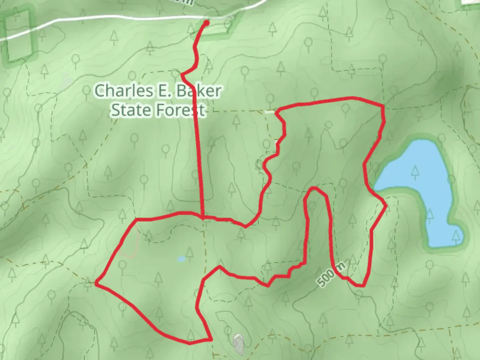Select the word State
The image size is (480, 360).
click(x=128, y=110)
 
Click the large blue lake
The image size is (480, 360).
click(x=417, y=187)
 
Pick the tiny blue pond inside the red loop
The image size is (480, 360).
click(x=181, y=259)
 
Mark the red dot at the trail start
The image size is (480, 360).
click(x=206, y=23)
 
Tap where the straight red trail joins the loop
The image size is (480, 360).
click(x=202, y=218)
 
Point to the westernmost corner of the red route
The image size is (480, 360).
click(x=96, y=283)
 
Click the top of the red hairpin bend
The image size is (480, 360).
click(x=314, y=189)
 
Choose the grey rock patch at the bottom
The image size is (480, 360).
click(x=238, y=343)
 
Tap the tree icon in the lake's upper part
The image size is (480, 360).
click(x=415, y=171)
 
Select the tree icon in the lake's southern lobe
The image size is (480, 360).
click(x=456, y=237)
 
